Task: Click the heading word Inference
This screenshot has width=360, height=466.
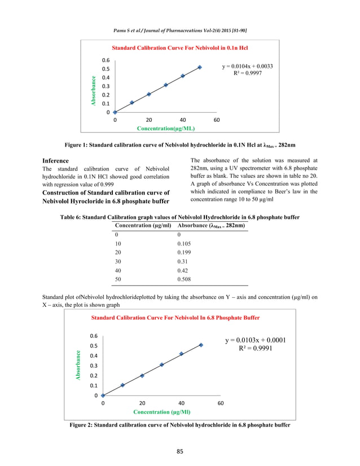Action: click(x=55, y=161)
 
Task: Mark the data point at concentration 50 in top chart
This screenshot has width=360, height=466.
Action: click(x=200, y=67)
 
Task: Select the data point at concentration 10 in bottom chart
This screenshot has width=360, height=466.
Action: click(x=122, y=385)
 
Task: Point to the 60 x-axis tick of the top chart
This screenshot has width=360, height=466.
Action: click(x=217, y=120)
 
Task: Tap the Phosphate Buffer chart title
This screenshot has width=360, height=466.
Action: click(x=175, y=318)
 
